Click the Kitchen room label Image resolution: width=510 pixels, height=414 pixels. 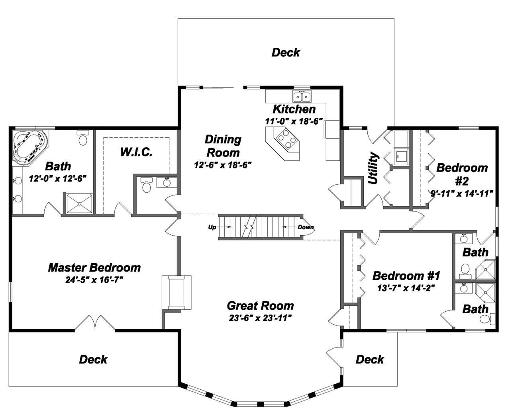tap(294, 109)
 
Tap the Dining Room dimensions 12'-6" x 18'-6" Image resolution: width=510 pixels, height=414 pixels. tap(223, 165)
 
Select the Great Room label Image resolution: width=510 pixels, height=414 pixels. tap(260, 306)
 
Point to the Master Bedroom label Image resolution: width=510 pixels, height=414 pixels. tap(94, 268)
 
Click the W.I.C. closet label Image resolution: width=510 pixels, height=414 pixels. tap(136, 152)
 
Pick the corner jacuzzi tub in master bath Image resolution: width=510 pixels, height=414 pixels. tap(29, 145)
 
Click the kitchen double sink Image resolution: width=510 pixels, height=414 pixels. tap(302, 96)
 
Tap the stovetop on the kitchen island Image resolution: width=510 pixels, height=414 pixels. tap(285, 138)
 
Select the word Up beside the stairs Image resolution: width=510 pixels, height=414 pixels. tap(212, 227)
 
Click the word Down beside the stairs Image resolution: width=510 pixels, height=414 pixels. tap(306, 227)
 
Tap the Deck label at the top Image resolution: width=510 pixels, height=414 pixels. tap(285, 52)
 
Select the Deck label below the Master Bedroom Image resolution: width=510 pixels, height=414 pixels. tap(93, 359)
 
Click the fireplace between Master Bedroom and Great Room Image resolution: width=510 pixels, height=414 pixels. tap(177, 292)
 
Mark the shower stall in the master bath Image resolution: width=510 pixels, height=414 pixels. tap(79, 203)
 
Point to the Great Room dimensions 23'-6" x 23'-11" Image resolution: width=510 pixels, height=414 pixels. tap(260, 318)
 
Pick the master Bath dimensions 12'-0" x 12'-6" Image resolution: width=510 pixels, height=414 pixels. tap(58, 178)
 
